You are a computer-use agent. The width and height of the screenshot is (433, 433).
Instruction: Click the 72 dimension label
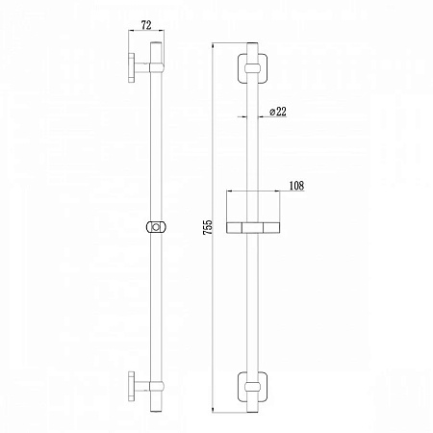coord(146,25)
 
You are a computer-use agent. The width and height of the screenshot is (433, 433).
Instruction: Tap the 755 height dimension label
coord(208,227)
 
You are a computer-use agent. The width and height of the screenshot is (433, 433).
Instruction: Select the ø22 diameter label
coord(278,112)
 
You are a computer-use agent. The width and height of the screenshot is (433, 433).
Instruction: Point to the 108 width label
coord(296,186)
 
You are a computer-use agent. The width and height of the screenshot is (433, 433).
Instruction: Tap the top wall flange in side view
coord(132,67)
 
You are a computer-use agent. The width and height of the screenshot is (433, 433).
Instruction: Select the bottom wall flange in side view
coord(132,386)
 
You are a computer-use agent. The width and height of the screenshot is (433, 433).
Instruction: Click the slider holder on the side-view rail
coord(156,227)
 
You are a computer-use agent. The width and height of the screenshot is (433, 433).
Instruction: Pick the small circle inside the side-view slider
coord(156,227)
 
